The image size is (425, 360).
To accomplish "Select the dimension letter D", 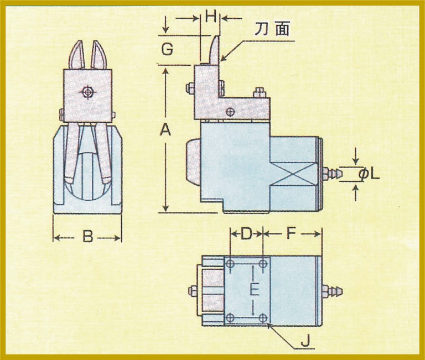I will click(x=246, y=234).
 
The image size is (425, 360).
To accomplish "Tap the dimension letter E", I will click(x=253, y=289).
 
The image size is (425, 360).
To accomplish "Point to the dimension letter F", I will click(x=292, y=234).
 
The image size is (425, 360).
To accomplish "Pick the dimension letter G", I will click(x=167, y=50).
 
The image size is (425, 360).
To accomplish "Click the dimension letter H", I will click(x=210, y=17).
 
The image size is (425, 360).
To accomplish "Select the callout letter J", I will click(x=304, y=342).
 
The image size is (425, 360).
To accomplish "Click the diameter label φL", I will click(x=370, y=175).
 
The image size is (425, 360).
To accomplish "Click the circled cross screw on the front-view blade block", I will click(x=87, y=92).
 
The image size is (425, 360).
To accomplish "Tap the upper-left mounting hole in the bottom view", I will click(x=231, y=264).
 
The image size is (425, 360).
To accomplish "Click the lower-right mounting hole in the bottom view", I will click(x=264, y=317).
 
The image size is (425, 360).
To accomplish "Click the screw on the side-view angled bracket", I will click(x=231, y=112).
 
